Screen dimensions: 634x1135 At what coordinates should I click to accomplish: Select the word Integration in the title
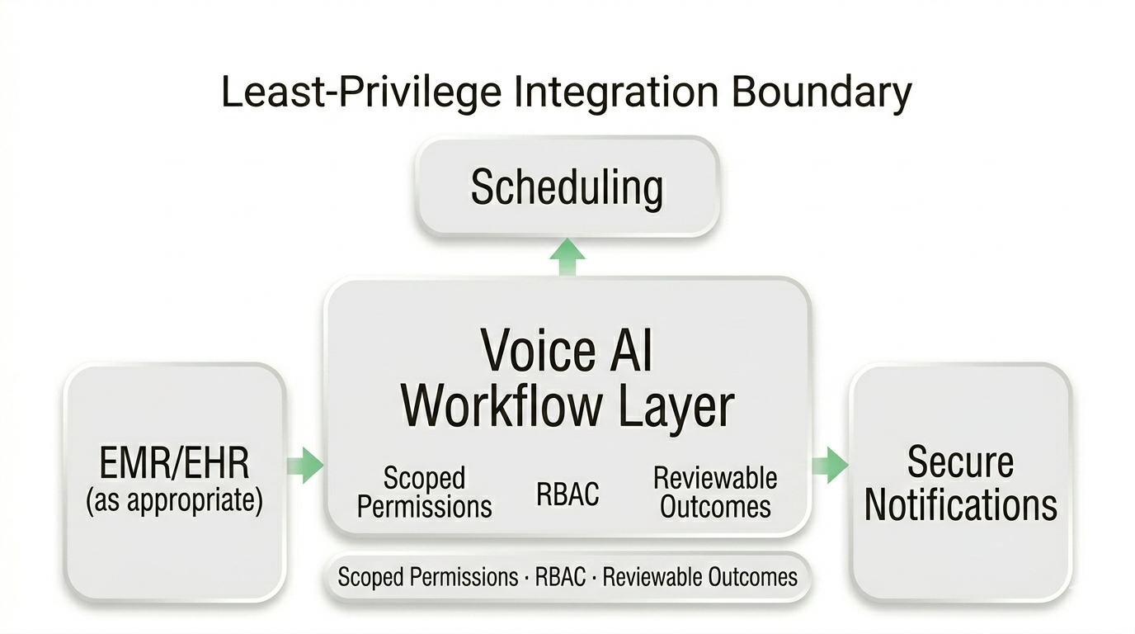pos(615,92)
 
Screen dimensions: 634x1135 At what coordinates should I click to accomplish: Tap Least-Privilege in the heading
pos(360,92)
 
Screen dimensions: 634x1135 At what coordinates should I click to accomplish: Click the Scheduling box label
pos(567,187)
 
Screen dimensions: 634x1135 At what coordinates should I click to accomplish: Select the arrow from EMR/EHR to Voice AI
pos(305,465)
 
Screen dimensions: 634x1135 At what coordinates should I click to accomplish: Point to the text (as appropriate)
pos(174,501)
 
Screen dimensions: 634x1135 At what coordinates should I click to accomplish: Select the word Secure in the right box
pos(960,461)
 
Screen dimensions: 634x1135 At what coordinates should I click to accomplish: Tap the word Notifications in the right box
pos(960,504)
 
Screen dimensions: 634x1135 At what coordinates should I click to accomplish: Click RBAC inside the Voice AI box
pos(567,494)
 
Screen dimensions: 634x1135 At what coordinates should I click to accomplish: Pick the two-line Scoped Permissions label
pos(425,492)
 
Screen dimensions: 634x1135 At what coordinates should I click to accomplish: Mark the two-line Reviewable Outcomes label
pos(715,492)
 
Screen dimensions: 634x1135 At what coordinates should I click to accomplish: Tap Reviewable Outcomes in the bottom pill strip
pos(700,576)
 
